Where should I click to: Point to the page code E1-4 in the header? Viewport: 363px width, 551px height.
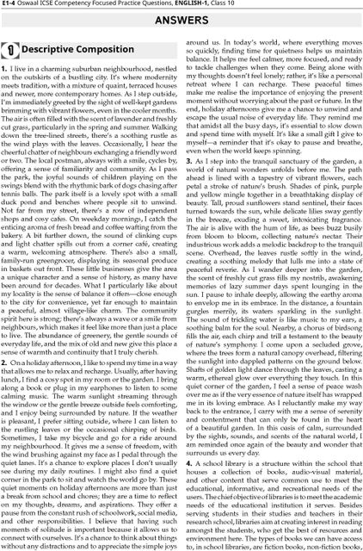click(12, 5)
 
